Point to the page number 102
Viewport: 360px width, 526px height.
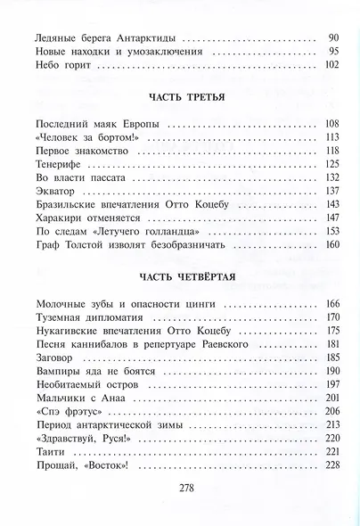332,65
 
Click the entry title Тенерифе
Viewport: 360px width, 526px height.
53,165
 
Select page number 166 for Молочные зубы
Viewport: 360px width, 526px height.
332,305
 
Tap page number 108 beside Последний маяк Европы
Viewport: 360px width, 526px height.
332,123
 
